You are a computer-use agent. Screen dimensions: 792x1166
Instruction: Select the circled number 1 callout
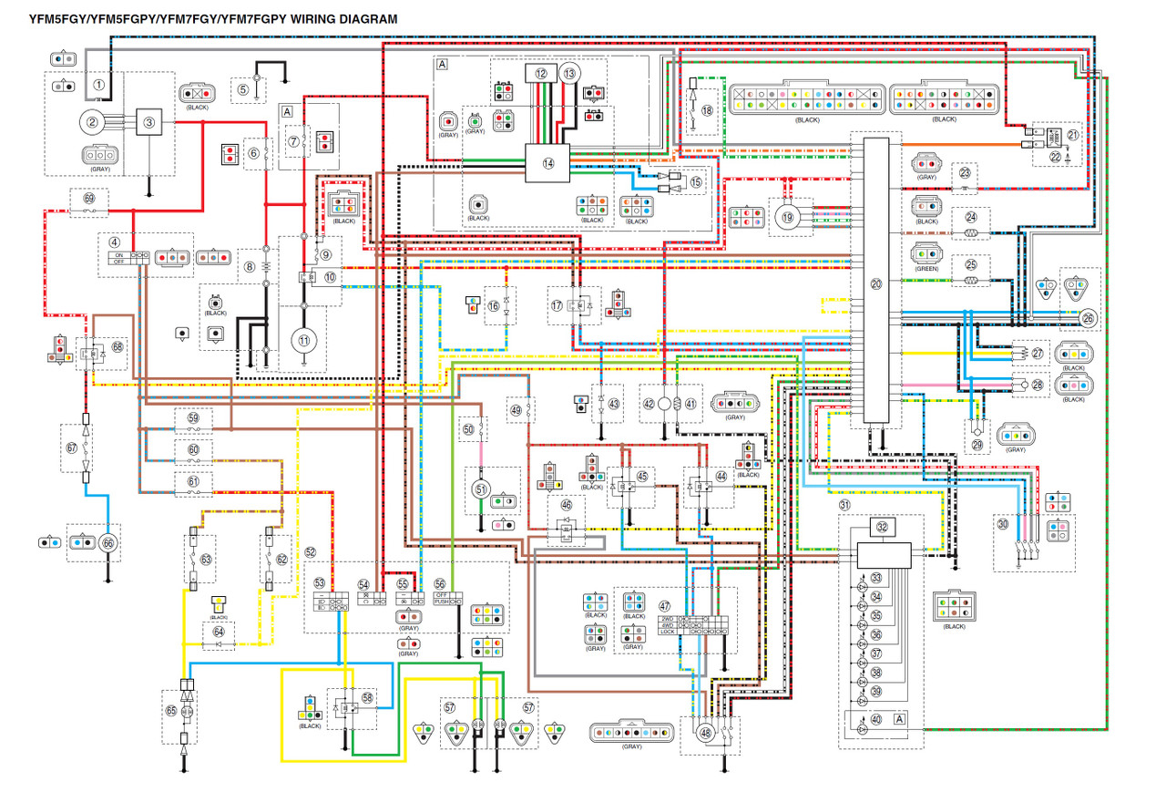tap(98, 85)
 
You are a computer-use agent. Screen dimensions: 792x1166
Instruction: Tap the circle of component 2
tap(92, 121)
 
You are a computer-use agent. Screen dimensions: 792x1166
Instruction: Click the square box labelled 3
tap(150, 121)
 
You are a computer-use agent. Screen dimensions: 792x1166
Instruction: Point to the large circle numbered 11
tap(301, 340)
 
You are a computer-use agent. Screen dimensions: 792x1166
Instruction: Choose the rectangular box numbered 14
tap(547, 162)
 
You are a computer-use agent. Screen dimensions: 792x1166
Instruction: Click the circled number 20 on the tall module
tap(876, 284)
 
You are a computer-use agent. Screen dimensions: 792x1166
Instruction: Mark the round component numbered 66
tap(109, 542)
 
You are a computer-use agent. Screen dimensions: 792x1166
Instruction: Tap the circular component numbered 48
tap(705, 734)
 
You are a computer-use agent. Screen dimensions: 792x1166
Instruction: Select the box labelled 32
tap(881, 527)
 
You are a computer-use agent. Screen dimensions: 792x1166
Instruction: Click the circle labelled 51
tap(481, 489)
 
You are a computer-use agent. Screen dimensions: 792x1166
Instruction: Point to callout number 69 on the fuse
tap(89, 198)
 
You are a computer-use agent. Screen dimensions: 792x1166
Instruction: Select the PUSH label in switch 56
tap(441, 602)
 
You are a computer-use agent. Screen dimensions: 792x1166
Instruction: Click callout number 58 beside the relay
tap(367, 697)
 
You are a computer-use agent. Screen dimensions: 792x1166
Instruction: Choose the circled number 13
tap(569, 73)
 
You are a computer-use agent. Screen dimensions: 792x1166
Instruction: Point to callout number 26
tap(1087, 318)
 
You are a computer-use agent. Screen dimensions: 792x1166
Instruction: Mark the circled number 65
tap(170, 708)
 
